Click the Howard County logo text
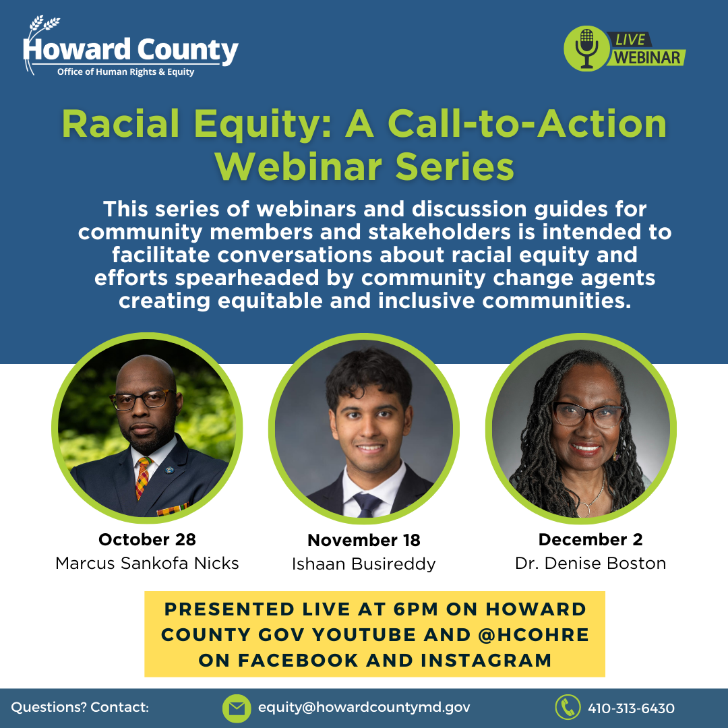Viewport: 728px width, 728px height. (131, 50)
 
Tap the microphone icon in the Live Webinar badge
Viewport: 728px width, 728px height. (586, 49)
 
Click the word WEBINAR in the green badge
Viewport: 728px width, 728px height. (647, 57)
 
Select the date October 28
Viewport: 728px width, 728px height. (147, 539)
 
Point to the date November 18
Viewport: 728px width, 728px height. (364, 540)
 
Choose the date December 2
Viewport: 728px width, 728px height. (590, 539)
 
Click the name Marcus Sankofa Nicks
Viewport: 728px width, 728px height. (147, 563)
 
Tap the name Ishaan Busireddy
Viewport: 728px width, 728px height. (364, 564)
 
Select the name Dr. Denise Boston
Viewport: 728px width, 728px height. (590, 563)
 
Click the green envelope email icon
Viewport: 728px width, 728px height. (237, 708)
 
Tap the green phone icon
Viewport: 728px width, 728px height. (568, 707)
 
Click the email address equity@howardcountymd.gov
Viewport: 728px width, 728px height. (364, 708)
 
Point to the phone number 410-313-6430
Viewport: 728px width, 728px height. (632, 708)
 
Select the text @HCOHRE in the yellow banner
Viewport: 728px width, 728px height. (533, 635)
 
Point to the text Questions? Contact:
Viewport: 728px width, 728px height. (80, 707)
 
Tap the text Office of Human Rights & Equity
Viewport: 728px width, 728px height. (126, 72)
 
